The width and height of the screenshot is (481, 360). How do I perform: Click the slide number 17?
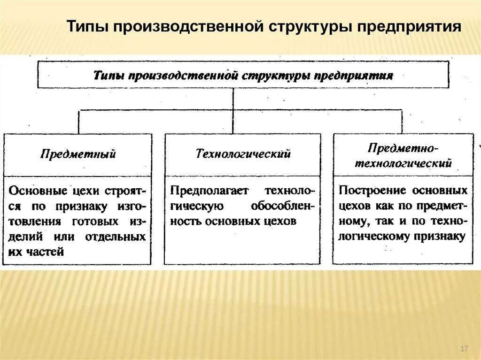point(465,348)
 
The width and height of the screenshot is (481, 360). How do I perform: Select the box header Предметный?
point(78,154)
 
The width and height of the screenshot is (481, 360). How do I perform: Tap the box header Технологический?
point(243,153)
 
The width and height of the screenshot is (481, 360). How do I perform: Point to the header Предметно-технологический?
point(403,156)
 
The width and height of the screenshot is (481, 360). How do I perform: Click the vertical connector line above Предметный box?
point(78,122)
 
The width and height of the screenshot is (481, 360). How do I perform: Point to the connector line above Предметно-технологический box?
point(402,122)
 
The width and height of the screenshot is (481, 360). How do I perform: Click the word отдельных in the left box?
point(115,236)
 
